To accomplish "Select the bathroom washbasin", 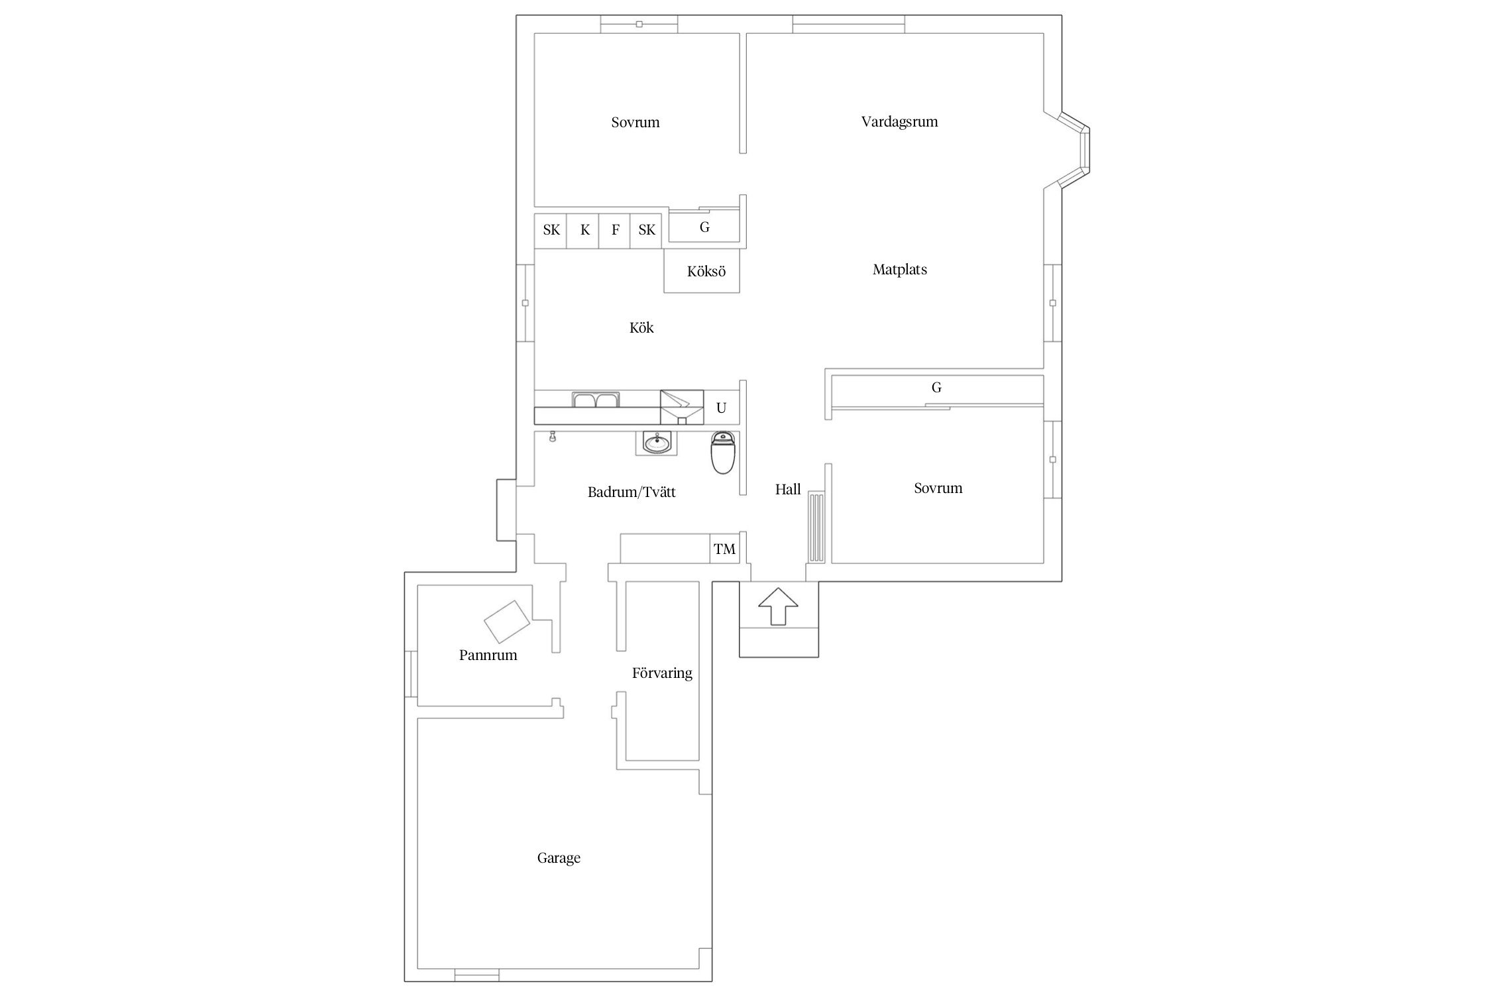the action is [657, 443].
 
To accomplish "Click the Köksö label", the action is [706, 272].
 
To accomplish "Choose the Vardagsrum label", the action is [899, 122].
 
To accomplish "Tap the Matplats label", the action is [899, 270].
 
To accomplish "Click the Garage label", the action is [559, 858].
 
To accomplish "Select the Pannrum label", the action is [488, 655].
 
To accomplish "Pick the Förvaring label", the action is [662, 673].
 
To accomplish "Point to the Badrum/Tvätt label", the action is [632, 492].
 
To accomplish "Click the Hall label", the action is [788, 490].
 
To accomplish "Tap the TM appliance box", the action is [724, 549].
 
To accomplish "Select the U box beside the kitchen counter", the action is [721, 408].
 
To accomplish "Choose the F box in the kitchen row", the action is [615, 231].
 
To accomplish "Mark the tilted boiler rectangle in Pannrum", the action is [507, 621].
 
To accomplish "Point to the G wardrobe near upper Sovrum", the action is [704, 227].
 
